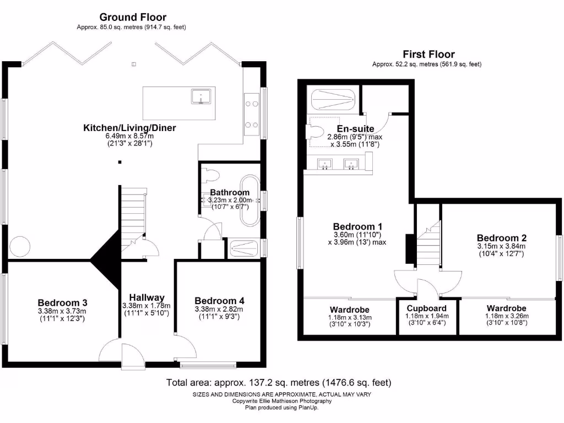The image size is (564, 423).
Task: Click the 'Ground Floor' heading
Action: point(133,18)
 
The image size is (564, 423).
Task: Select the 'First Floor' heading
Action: point(429,54)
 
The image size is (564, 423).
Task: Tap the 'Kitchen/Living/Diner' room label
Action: point(129,128)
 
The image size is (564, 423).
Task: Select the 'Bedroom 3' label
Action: point(62,302)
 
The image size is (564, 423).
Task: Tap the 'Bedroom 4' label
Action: point(219,301)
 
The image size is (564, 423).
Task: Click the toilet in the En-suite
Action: point(316,132)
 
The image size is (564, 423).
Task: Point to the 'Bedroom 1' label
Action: point(357,226)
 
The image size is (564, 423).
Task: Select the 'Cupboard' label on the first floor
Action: point(426,308)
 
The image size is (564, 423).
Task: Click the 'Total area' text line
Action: point(279,382)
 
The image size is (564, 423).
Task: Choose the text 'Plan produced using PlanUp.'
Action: point(281,408)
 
